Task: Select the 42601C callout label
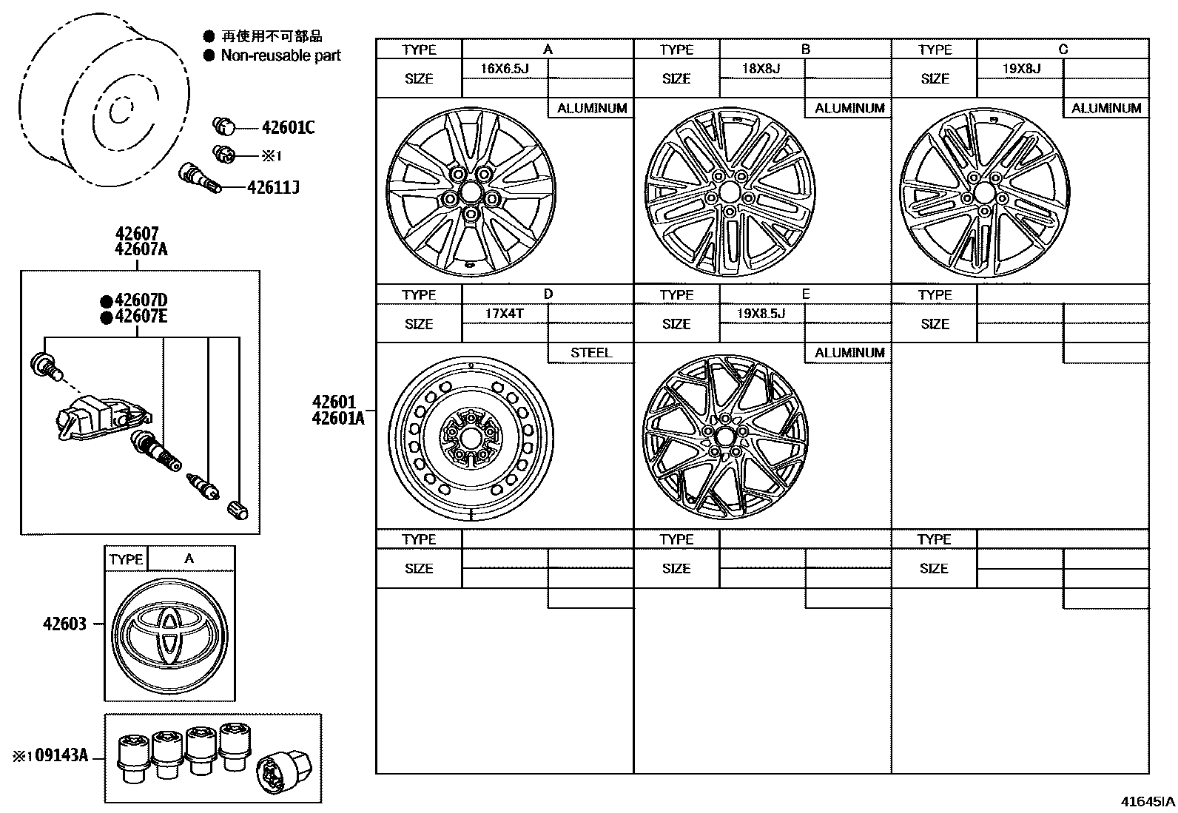[287, 128]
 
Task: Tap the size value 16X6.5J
[504, 69]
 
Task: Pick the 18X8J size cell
[761, 69]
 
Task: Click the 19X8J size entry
[1021, 69]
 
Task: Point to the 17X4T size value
[504, 314]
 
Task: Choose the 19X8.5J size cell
[761, 314]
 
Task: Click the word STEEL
[590, 353]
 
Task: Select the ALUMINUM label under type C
[1106, 108]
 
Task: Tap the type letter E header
[805, 294]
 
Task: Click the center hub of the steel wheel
[470, 438]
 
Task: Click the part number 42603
[64, 624]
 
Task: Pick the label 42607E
[141, 317]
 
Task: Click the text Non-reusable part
[280, 55]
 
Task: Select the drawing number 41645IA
[1146, 801]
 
